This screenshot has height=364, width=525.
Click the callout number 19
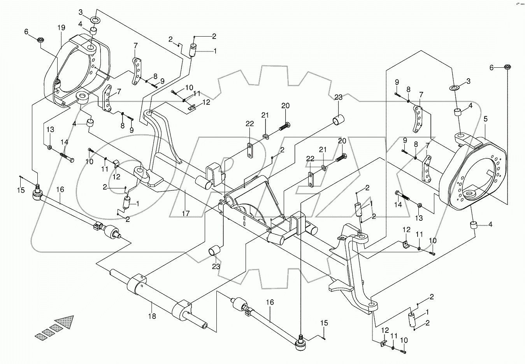coord(61,28)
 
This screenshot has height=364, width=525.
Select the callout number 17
coord(186,214)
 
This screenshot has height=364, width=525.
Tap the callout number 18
coord(152,317)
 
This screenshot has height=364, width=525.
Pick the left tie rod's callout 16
coord(60,190)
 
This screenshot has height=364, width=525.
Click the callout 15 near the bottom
coord(324,323)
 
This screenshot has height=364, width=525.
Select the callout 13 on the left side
coord(50,129)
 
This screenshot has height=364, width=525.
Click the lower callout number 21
coord(322,150)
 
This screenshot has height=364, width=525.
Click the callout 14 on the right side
coord(398,205)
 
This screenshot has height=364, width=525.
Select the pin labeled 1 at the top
coord(193,50)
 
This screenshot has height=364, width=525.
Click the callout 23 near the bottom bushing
coord(216,267)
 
